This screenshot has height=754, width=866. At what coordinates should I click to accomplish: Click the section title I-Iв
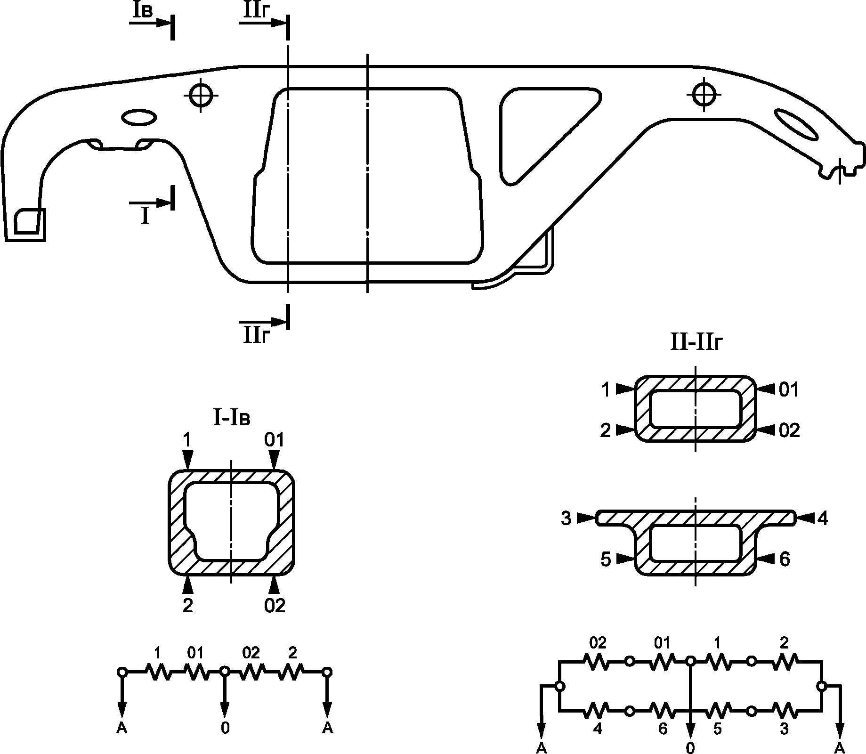tap(232, 418)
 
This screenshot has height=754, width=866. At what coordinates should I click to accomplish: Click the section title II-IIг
tap(696, 343)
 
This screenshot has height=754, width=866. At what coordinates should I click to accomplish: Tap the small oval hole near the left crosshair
tap(139, 117)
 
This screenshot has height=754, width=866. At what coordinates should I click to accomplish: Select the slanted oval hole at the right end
tap(797, 124)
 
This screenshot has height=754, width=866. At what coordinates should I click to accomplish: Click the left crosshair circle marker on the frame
tap(202, 96)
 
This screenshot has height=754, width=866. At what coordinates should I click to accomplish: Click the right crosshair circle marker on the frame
tap(704, 95)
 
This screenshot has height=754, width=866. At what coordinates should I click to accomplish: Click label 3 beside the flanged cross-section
tap(566, 519)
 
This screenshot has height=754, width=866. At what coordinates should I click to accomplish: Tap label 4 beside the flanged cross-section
tap(823, 519)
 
